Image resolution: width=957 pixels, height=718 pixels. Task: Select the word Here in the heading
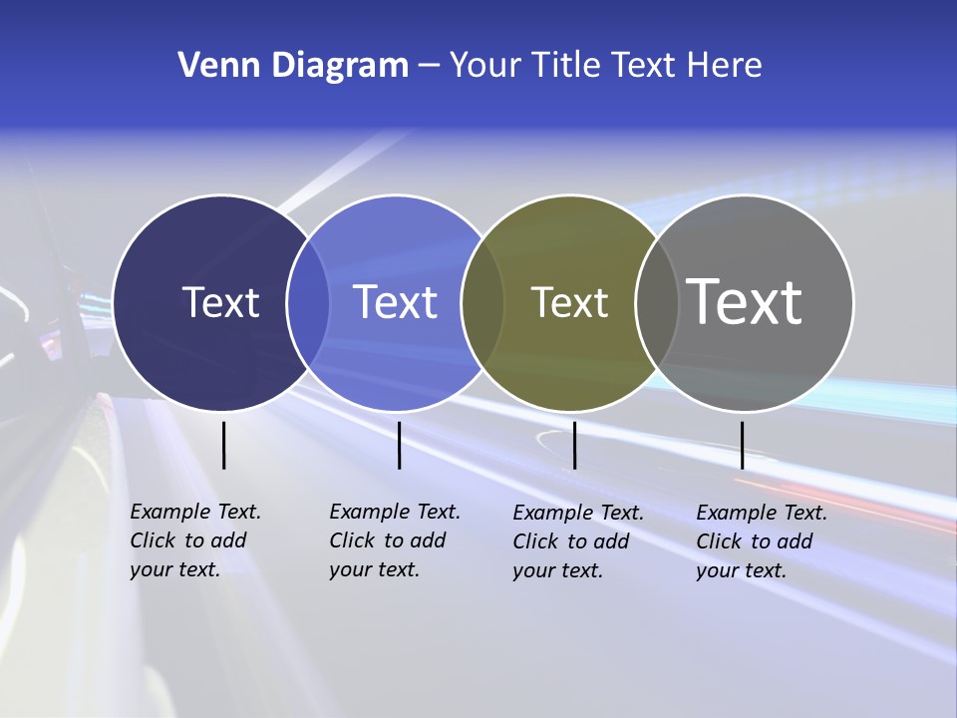tap(724, 66)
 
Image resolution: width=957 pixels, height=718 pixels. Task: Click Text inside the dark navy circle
tap(220, 302)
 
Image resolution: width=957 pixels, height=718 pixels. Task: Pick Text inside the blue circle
tap(395, 302)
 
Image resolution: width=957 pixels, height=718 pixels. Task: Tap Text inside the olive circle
tap(569, 302)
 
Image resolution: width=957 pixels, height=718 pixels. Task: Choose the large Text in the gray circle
tap(744, 301)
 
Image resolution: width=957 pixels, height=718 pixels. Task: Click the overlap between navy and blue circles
tap(308, 303)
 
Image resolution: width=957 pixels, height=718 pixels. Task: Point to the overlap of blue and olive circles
tap(482, 303)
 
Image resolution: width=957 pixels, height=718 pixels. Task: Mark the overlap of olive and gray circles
tap(654, 303)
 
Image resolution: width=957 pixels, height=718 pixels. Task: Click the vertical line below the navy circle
tap(223, 445)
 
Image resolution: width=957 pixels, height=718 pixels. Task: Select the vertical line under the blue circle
tap(399, 445)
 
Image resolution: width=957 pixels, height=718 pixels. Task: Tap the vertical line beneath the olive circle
tap(574, 445)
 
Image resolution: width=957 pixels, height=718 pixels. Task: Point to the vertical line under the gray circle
tap(742, 445)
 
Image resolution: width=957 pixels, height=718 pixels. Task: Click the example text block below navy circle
tap(195, 540)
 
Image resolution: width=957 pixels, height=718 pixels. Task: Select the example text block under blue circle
tap(395, 540)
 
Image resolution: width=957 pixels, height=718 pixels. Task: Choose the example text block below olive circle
tap(578, 541)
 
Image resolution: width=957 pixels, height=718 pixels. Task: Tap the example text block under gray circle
tap(762, 541)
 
